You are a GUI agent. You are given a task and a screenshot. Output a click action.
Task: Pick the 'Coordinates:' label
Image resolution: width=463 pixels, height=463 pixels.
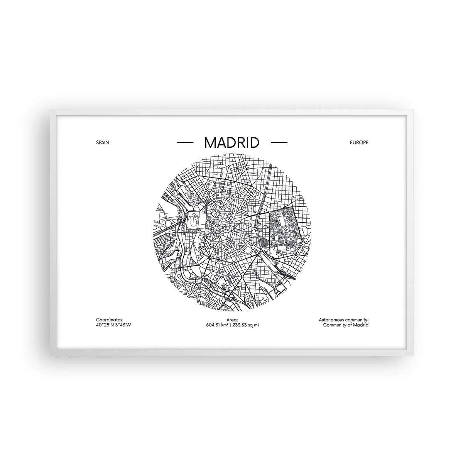tap(110, 320)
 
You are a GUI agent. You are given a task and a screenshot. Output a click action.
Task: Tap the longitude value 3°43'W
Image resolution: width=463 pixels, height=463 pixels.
tap(123, 325)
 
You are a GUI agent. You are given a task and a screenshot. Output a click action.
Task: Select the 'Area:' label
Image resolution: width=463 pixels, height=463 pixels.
tap(232, 320)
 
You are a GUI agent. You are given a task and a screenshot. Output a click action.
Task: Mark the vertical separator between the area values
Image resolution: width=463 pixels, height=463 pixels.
tap(231, 325)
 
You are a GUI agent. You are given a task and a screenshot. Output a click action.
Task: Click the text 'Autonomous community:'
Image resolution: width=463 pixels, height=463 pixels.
tap(344, 320)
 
